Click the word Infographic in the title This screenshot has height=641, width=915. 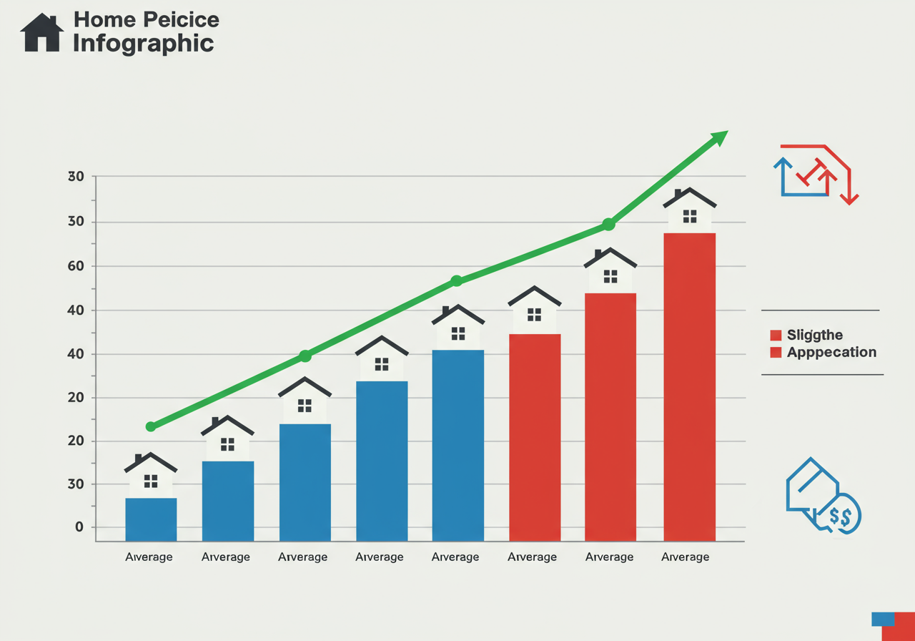click(143, 43)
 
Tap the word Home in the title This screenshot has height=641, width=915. click(99, 19)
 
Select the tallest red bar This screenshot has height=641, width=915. click(689, 386)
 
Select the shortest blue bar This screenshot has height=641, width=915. click(151, 519)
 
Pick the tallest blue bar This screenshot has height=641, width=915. click(458, 445)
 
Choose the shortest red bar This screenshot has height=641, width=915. click(535, 437)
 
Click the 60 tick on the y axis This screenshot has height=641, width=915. click(76, 266)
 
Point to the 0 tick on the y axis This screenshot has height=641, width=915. click(79, 527)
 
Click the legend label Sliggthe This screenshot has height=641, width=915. click(815, 335)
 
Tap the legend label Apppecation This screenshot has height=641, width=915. click(831, 352)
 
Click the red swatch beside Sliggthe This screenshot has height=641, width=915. click(776, 335)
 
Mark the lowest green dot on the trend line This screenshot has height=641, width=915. click(151, 426)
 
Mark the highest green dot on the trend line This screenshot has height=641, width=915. click(608, 225)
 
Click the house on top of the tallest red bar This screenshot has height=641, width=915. click(689, 210)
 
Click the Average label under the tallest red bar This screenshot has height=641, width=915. click(686, 557)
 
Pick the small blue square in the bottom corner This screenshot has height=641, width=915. click(883, 619)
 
